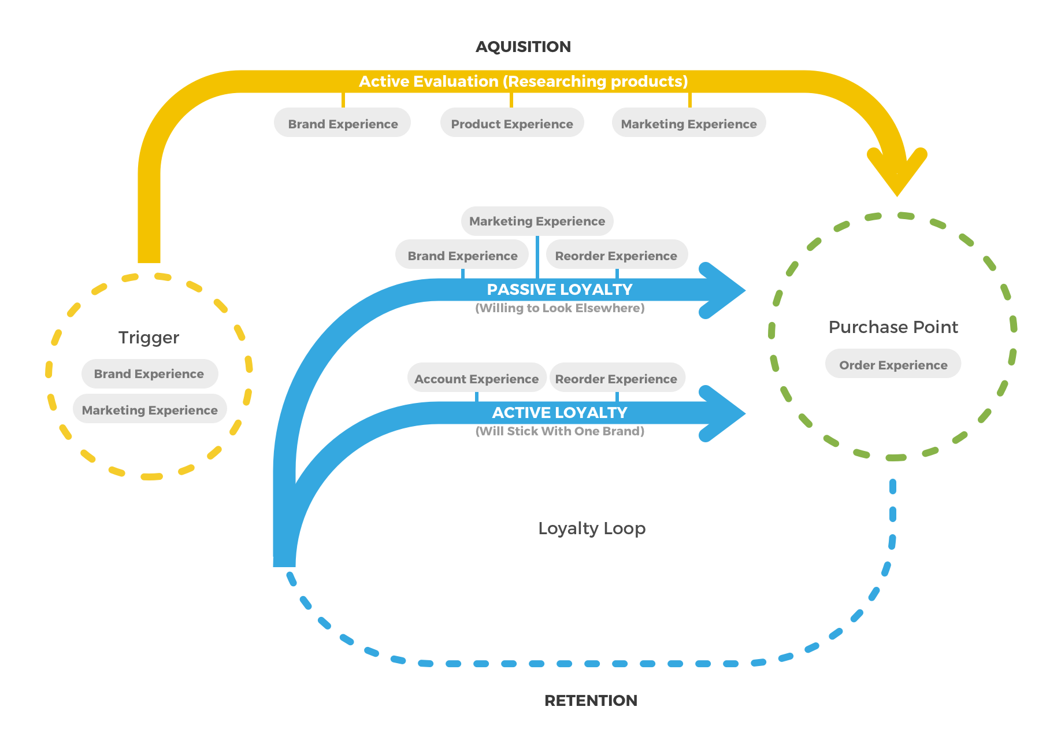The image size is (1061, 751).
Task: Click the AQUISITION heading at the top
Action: [x=523, y=47]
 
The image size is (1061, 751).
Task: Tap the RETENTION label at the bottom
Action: [x=591, y=701]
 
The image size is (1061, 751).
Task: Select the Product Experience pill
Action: [x=512, y=123]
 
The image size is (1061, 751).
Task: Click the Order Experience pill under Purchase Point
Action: [x=893, y=364]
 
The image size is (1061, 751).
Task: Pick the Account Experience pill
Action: [x=477, y=378]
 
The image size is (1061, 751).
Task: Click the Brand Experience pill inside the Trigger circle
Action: [x=149, y=373]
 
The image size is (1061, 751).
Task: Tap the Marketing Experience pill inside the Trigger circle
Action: [x=150, y=409]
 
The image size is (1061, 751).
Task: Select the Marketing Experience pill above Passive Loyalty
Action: [x=537, y=221]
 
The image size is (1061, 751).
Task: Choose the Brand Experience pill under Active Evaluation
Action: [x=343, y=123]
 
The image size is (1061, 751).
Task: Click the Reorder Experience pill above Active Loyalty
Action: [x=617, y=378]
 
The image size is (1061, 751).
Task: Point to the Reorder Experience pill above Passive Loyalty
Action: [x=617, y=255]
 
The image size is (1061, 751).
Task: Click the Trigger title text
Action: [x=149, y=337]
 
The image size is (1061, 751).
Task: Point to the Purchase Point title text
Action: [x=893, y=327]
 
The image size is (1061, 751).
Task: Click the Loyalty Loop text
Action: [x=592, y=528]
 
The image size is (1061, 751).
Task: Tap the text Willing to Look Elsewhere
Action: [x=559, y=308]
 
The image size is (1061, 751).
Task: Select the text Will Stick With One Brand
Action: [x=559, y=431]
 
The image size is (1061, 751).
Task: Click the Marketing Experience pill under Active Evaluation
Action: [x=689, y=123]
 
